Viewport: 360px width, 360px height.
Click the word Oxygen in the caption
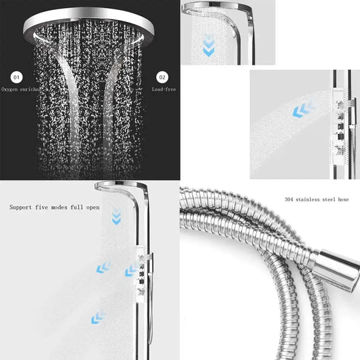tap(11, 89)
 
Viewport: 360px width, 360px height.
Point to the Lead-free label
tap(163, 89)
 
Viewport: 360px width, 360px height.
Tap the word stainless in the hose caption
tap(309, 199)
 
